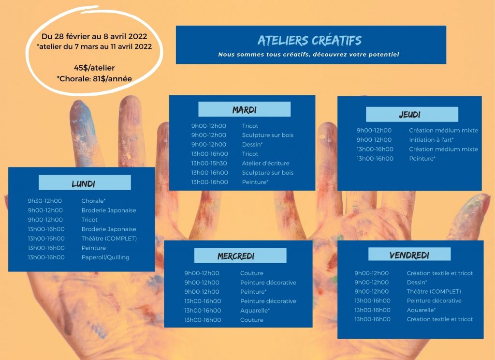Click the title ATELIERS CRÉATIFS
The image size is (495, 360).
tap(309, 41)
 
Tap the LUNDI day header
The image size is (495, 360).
tap(84, 184)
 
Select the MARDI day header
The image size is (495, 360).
tap(244, 110)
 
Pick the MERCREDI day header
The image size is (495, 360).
tap(236, 256)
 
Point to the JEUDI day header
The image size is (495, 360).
tap(410, 114)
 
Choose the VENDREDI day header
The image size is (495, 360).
tap(409, 255)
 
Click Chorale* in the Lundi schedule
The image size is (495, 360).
tap(93, 201)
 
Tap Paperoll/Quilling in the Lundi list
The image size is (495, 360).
tap(105, 257)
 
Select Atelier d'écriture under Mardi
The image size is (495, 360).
tap(265, 163)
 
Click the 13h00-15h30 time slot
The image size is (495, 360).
tap(209, 163)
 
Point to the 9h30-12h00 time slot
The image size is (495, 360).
tap(45, 201)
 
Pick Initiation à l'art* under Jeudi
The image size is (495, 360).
tap(431, 140)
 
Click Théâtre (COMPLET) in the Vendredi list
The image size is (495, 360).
tap(434, 291)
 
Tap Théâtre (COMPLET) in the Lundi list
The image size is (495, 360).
tap(109, 239)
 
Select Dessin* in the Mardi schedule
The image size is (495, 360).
tap(252, 145)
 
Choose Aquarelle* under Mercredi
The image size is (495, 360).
tap(255, 310)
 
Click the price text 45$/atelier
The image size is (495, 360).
tap(94, 68)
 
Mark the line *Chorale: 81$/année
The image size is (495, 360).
tap(94, 79)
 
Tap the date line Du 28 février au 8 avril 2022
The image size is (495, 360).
tap(94, 36)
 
